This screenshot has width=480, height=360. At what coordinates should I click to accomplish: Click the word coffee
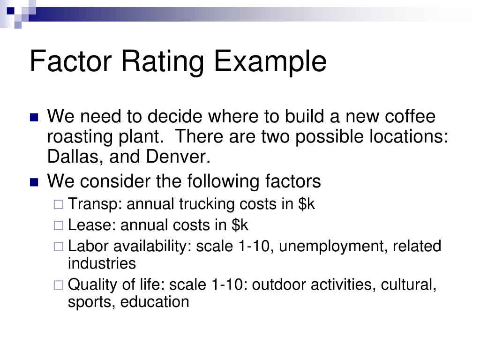(x=410, y=116)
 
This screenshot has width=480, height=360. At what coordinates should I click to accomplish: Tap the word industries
(x=102, y=263)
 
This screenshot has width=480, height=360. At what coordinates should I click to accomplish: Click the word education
(x=155, y=302)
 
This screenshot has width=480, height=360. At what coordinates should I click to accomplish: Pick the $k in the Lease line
(x=240, y=225)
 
